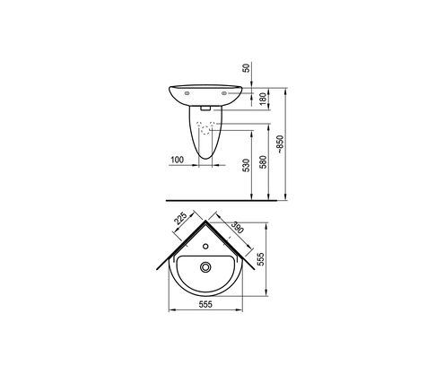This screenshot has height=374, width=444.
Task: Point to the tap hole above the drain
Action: (207, 242)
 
